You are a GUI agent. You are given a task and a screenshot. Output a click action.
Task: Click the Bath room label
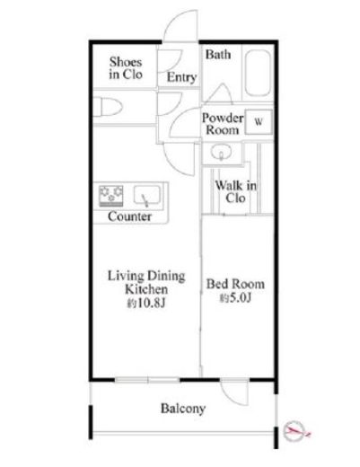click(218, 55)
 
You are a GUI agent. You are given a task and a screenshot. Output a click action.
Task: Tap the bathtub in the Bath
click(258, 73)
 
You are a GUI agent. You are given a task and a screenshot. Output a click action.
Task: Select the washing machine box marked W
click(259, 122)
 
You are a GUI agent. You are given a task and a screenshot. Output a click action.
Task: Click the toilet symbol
click(109, 107)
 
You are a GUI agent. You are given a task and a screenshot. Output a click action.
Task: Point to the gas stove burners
click(111, 195)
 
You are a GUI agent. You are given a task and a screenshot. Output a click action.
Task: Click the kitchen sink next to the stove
click(146, 196)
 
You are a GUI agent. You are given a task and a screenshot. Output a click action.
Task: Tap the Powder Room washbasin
click(221, 153)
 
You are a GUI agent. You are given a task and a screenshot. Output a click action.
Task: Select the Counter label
click(129, 216)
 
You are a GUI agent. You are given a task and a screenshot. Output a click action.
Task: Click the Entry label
click(181, 77)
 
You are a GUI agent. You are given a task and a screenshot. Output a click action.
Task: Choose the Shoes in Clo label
click(126, 68)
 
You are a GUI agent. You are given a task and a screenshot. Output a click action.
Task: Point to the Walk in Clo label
click(236, 191)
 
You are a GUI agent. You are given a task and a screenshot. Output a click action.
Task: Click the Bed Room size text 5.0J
click(235, 298)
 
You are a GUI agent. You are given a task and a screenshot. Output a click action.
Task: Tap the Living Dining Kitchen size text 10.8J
click(146, 304)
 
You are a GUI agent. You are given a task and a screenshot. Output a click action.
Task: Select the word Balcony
click(183, 409)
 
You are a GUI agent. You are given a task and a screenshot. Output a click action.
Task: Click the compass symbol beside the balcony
click(294, 431)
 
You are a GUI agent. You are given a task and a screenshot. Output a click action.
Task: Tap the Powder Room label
click(223, 124)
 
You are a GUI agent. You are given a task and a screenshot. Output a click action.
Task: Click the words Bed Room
click(235, 284)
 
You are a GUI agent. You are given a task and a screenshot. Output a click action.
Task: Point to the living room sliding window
click(147, 380)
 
